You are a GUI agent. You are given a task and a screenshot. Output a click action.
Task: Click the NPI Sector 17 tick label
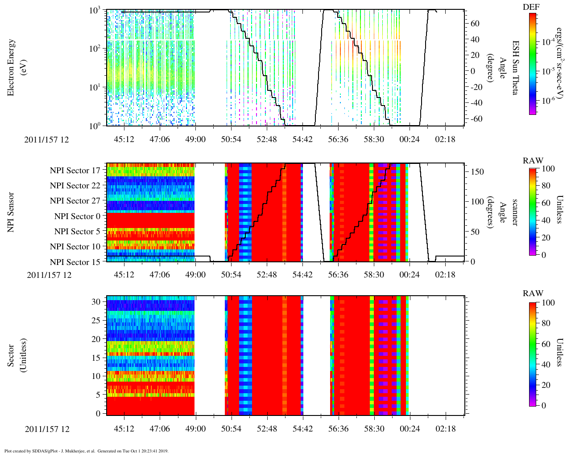[x=75, y=170]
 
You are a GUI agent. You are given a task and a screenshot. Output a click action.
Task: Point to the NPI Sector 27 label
[x=75, y=201]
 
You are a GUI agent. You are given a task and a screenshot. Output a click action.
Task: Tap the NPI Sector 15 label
[x=75, y=262]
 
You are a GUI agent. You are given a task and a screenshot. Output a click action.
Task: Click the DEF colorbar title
[x=531, y=7]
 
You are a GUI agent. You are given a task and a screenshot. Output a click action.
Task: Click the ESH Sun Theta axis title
[x=515, y=68]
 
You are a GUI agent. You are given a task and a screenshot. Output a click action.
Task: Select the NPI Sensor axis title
[x=12, y=212]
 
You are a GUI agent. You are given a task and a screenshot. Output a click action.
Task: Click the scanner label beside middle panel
[x=515, y=212]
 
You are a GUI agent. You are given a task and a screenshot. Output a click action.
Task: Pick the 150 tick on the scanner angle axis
[x=478, y=172]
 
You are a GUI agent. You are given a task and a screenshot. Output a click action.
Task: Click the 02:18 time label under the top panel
[x=445, y=139]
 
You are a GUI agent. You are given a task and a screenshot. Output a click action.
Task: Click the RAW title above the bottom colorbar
[x=533, y=293]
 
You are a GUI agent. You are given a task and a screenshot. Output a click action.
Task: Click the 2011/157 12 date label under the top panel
[x=47, y=139]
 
